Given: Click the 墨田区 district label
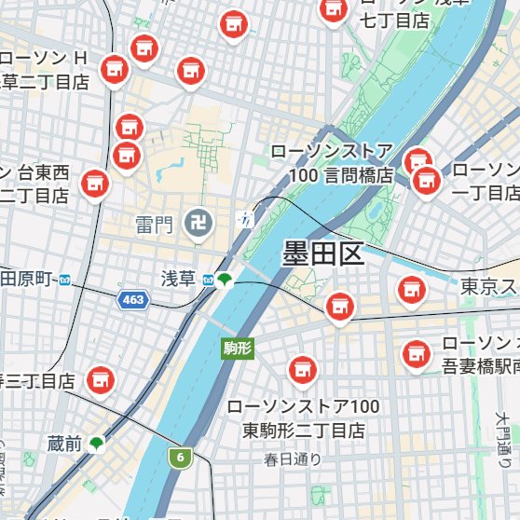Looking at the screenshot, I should point(322,253).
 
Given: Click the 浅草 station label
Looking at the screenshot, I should point(178,279).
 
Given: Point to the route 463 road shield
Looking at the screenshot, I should point(132,299).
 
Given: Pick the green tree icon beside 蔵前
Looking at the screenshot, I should point(96,443).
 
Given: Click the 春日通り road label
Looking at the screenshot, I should point(292,458).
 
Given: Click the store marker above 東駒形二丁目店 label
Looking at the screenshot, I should point(300,371).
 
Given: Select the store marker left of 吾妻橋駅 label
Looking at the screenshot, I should point(415,353).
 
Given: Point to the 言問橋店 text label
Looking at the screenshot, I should point(342,175).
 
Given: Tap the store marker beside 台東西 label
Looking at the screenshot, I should point(93,184).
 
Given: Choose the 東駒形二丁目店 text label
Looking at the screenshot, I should point(304,431).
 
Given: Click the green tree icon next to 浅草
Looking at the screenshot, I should point(225,279).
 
